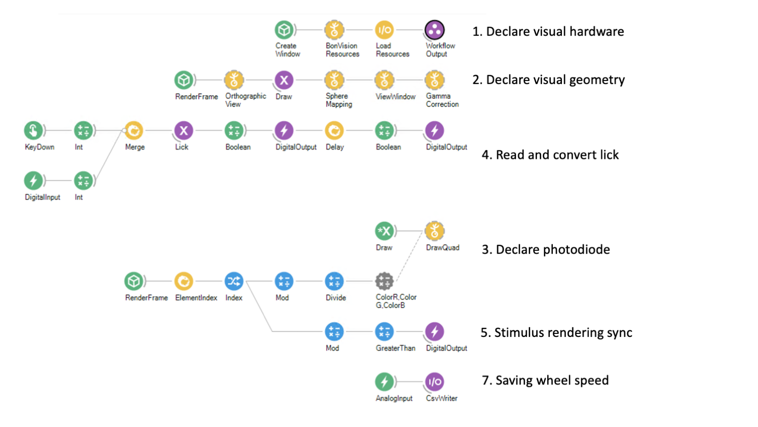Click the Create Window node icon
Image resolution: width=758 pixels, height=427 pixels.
[x=285, y=30]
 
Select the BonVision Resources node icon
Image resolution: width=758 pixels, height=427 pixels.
[x=334, y=30]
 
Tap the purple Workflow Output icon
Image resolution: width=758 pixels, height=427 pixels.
[x=435, y=30]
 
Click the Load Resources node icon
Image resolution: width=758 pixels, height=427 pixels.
[x=384, y=30]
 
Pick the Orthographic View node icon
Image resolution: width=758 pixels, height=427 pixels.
[x=234, y=80]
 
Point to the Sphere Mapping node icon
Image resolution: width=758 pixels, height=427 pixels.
[x=334, y=80]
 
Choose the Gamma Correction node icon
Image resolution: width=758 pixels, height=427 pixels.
[x=435, y=80]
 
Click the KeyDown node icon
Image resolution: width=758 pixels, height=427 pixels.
[x=33, y=131]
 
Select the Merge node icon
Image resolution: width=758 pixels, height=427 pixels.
[x=134, y=131]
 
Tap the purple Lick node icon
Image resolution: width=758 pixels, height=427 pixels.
[x=183, y=131]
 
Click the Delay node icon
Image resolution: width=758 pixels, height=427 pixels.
[x=334, y=131]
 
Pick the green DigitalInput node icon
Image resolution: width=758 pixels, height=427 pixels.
[x=33, y=181]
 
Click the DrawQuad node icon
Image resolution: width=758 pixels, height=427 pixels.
[x=435, y=231]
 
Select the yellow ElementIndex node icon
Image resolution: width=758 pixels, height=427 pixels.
[x=183, y=281]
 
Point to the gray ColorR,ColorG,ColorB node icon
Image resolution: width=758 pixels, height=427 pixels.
[x=384, y=281]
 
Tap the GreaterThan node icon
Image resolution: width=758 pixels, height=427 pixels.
[x=384, y=332]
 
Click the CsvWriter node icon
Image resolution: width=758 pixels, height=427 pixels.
[x=435, y=382]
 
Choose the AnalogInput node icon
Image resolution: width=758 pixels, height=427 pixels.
[x=384, y=382]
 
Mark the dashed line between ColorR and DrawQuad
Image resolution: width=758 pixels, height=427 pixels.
[x=409, y=256]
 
